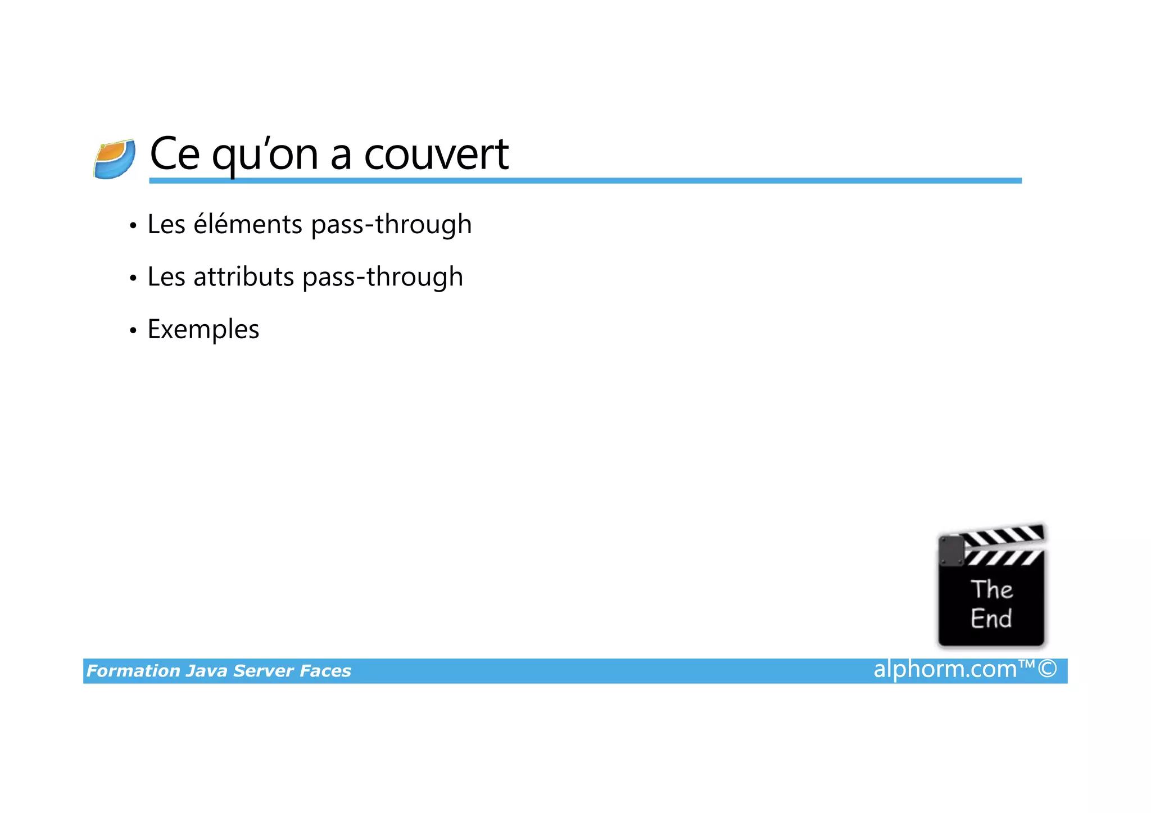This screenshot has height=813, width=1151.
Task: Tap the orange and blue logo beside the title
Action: click(x=115, y=160)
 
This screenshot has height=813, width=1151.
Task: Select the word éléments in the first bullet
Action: click(x=248, y=224)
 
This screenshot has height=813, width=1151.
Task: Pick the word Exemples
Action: click(x=203, y=329)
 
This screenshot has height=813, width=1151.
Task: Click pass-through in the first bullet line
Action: click(x=391, y=224)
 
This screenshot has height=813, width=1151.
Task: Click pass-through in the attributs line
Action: click(x=383, y=276)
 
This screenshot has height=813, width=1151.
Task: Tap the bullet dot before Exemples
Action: click(x=133, y=330)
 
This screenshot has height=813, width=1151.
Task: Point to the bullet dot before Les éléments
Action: click(x=133, y=226)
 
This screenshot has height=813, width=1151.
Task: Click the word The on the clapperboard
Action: click(x=992, y=589)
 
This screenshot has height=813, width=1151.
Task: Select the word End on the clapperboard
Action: click(x=991, y=619)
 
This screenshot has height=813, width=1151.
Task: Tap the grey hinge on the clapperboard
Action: click(x=951, y=551)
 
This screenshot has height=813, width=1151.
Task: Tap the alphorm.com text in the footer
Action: click(x=945, y=669)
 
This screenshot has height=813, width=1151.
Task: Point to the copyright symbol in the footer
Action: click(x=1048, y=669)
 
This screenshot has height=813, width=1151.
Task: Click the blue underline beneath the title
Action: click(x=584, y=181)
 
